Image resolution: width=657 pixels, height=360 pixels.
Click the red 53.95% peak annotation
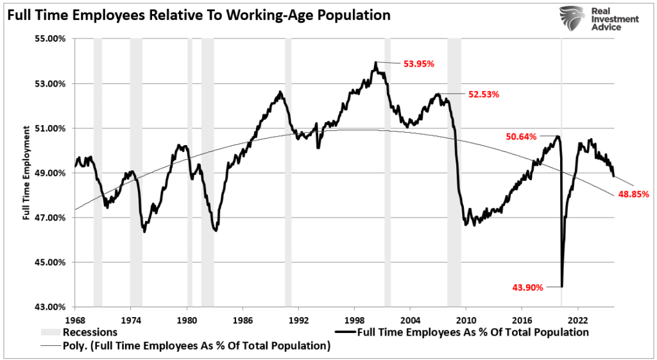click(x=418, y=64)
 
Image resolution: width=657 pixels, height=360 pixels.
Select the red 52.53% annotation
click(x=483, y=94)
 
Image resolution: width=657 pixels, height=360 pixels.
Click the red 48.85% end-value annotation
click(x=633, y=194)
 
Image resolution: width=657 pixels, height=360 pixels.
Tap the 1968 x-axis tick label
click(x=75, y=319)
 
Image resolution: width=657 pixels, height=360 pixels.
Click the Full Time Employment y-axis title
click(x=27, y=173)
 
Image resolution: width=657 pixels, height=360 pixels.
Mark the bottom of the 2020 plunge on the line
click(x=561, y=286)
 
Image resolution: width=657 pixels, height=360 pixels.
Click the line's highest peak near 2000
click(x=376, y=62)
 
